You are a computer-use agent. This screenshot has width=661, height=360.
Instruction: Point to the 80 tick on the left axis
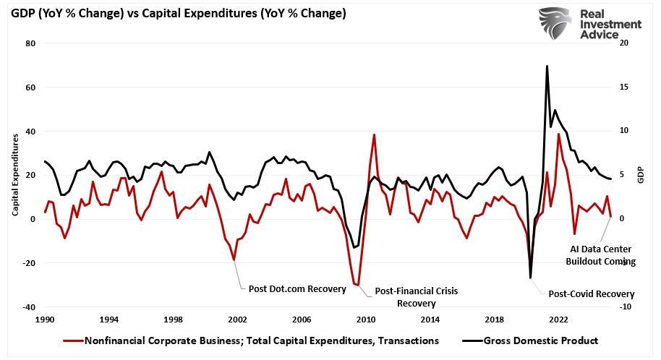tap(30, 43)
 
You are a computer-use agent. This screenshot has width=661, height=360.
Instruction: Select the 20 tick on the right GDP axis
tap(624, 43)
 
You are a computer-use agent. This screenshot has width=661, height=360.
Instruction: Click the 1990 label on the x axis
tap(45, 319)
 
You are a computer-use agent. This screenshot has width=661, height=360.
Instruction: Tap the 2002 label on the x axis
tap(237, 319)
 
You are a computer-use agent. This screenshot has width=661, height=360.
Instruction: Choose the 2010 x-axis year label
tap(365, 319)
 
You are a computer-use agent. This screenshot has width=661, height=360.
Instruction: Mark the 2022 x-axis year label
tap(558, 319)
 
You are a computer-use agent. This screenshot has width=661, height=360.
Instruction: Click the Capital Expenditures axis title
tap(15, 174)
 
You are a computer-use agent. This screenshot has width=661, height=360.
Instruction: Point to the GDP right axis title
tap(640, 175)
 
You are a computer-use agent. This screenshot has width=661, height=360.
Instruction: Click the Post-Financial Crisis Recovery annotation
tap(416, 296)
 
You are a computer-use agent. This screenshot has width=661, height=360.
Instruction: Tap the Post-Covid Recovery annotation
tap(591, 294)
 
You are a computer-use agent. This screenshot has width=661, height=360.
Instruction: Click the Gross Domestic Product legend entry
tap(542, 340)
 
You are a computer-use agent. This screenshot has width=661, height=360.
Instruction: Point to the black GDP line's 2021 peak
tap(547, 66)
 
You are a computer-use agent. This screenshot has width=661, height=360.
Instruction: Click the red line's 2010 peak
tap(374, 134)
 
